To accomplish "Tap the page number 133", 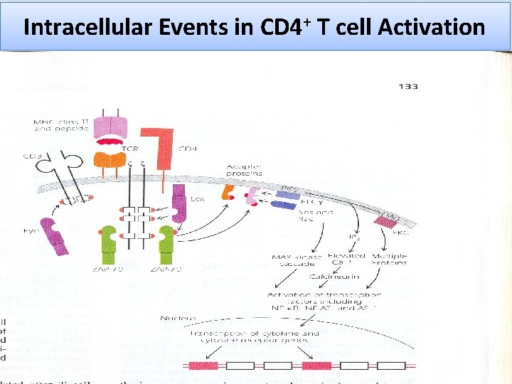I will tap(408, 87).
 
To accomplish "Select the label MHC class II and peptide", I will tap(61, 127).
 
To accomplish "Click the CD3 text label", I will tap(32, 156).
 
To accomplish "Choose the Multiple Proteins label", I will tap(389, 260).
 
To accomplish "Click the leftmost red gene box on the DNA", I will tap(203, 366).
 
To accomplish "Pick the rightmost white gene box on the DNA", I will tap(390, 366).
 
